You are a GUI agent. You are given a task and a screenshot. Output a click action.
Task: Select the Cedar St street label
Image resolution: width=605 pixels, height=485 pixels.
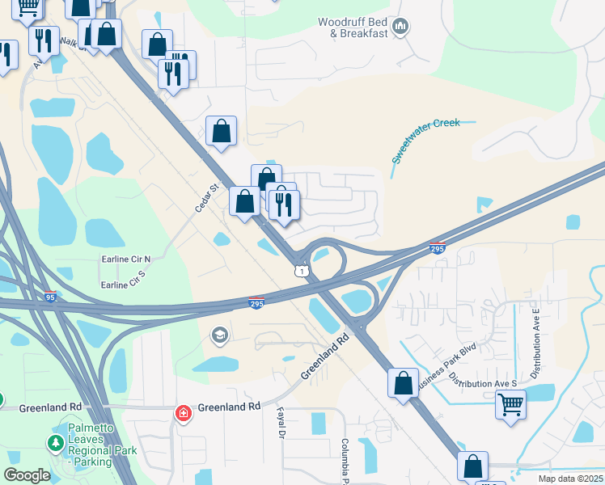[207, 198]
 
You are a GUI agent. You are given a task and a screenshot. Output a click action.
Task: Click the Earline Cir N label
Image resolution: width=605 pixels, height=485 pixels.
[126, 259]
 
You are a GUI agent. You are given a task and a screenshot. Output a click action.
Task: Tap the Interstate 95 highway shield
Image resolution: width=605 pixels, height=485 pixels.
[50, 297]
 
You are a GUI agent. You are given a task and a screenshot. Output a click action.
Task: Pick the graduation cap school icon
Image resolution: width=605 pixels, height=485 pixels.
[219, 335]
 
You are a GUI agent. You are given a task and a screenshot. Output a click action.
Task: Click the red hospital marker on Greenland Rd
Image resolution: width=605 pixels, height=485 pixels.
[184, 414]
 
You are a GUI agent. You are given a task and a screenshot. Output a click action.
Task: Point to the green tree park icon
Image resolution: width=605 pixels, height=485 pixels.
[55, 443]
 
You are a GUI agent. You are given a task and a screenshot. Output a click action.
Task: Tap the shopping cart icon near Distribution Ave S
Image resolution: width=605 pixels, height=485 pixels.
[510, 403]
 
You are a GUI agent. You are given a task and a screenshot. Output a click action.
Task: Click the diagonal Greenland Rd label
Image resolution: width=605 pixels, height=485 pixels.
[328, 356]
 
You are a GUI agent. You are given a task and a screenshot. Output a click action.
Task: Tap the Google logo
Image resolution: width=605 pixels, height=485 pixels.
[27, 475]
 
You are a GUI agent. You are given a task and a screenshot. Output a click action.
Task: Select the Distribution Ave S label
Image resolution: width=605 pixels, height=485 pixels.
[483, 378]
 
